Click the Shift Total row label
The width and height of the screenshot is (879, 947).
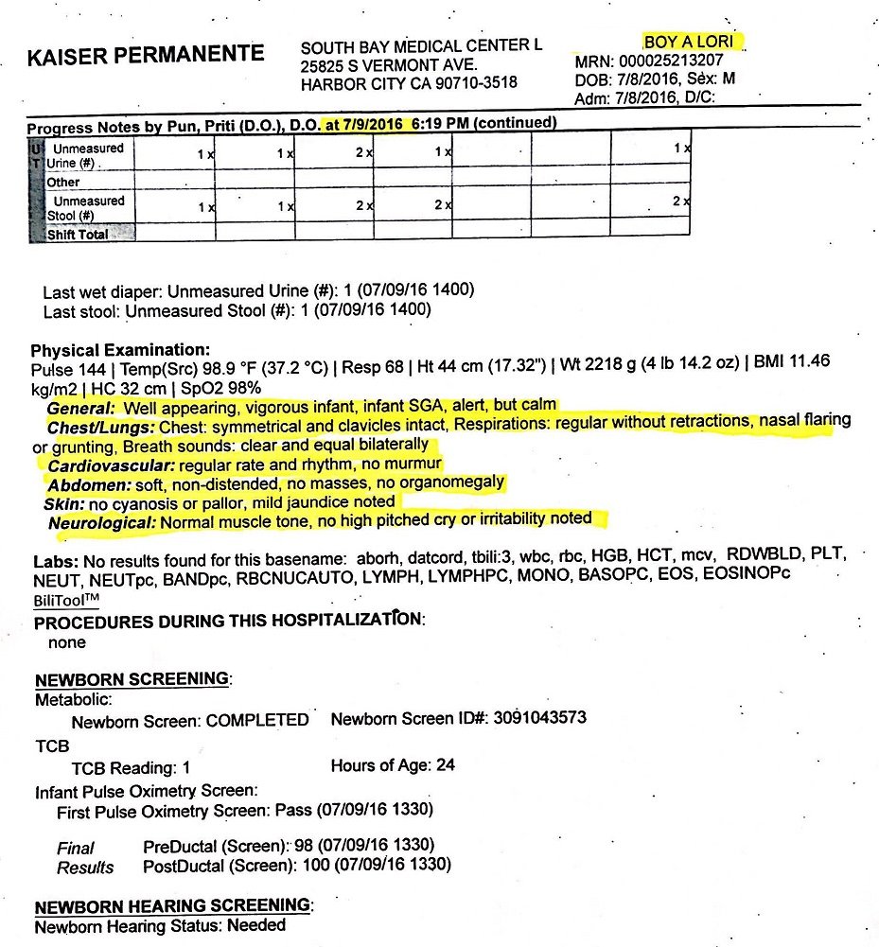[x=78, y=235]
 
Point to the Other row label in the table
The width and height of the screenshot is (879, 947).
[x=63, y=182]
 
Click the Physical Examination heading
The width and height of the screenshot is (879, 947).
[x=121, y=350]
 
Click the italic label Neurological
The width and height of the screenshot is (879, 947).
[x=102, y=521]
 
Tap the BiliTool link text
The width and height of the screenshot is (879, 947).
[x=66, y=600]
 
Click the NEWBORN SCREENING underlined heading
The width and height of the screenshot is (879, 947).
[x=132, y=679]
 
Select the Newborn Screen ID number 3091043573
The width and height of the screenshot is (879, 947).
[x=536, y=718]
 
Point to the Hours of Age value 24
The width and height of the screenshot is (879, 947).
[x=446, y=764]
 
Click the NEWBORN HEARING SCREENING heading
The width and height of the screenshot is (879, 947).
[x=172, y=905]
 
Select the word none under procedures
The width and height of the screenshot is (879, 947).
[x=67, y=642]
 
